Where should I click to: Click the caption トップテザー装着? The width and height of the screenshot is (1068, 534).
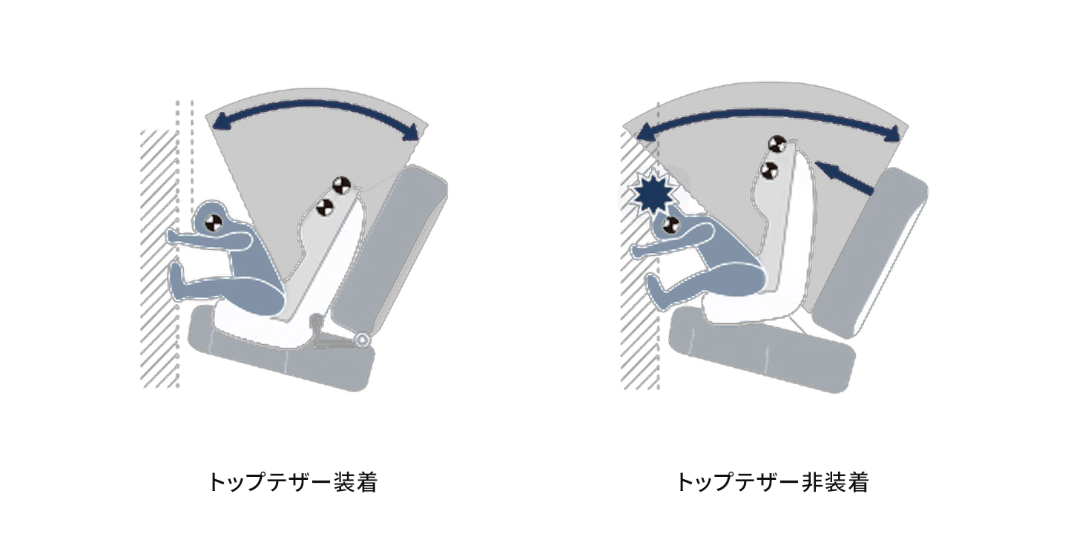click(x=293, y=482)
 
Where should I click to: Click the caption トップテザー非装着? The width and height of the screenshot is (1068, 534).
click(x=772, y=482)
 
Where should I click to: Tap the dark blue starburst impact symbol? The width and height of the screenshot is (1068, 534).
click(x=653, y=193)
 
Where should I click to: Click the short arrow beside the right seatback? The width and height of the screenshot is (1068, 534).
click(x=844, y=177)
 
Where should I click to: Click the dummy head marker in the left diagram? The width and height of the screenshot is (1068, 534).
click(x=214, y=222)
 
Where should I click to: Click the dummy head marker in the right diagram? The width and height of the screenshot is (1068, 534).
click(x=671, y=225)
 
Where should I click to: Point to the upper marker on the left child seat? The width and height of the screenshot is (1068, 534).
click(x=341, y=185)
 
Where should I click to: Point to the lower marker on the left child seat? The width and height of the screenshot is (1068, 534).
click(x=325, y=206)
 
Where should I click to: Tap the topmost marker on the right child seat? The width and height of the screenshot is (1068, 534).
click(x=777, y=145)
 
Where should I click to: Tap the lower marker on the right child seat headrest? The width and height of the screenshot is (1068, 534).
click(x=768, y=171)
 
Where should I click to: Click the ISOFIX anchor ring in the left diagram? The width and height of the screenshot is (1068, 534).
click(x=363, y=340)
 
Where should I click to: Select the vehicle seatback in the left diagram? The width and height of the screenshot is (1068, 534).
click(x=391, y=248)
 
